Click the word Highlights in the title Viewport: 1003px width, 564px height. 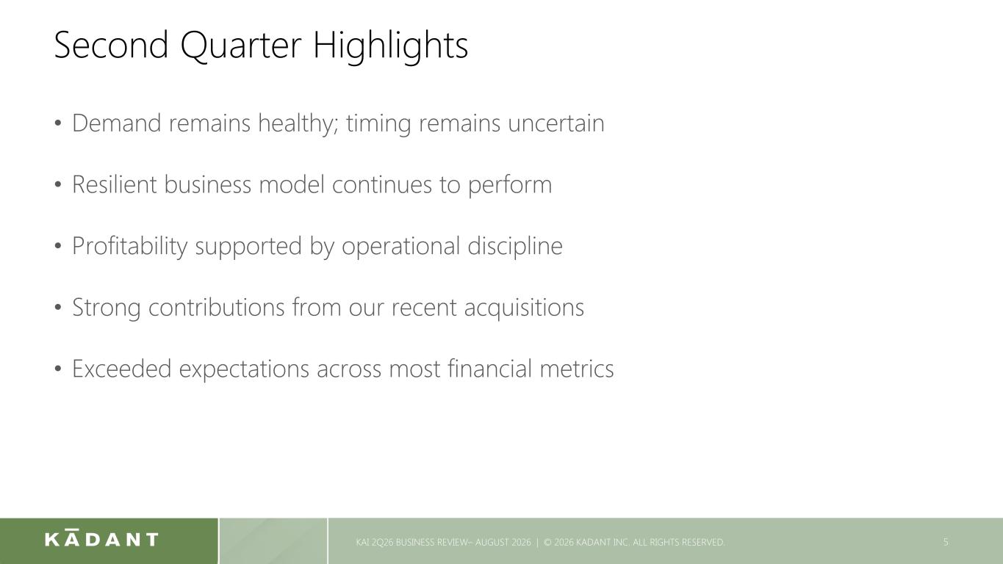pos(390,46)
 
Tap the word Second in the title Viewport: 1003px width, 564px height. pos(111,45)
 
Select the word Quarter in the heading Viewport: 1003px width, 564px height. pos(241,46)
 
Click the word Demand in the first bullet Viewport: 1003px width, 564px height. pos(116,123)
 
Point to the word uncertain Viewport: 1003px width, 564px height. pos(556,123)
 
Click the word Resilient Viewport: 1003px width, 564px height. pos(114,184)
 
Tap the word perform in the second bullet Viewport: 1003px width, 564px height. pos(510,186)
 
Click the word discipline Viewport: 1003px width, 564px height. pos(515,247)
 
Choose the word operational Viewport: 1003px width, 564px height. pos(400,247)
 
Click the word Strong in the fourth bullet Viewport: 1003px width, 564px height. pos(107,308)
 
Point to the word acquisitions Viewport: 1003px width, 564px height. pos(524,308)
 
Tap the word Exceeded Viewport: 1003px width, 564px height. pos(122,369)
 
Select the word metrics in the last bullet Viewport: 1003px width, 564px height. pos(577,369)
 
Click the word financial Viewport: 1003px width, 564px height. pos(490,369)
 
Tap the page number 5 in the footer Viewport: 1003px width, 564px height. pos(946,542)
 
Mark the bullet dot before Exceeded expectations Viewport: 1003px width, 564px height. pos(58,369)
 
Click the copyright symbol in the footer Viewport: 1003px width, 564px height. pos(547,542)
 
